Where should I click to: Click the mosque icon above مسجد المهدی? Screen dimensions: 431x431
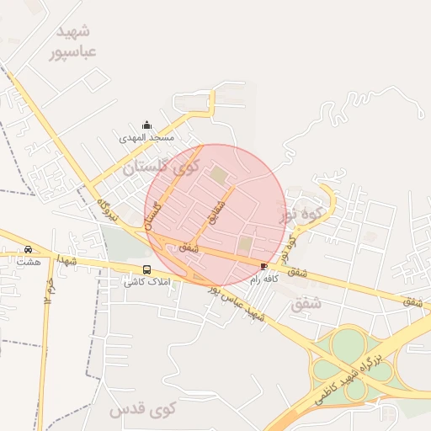tap(148, 125)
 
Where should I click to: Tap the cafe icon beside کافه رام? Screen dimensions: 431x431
tap(265, 265)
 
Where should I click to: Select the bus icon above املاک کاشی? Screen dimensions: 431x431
tap(147, 270)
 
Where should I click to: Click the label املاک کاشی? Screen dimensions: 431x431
tap(147, 281)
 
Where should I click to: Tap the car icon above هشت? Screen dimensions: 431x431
tap(28, 250)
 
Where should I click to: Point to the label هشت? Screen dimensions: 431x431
tap(28, 261)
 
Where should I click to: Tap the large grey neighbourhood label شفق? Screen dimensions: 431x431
tap(306, 304)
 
